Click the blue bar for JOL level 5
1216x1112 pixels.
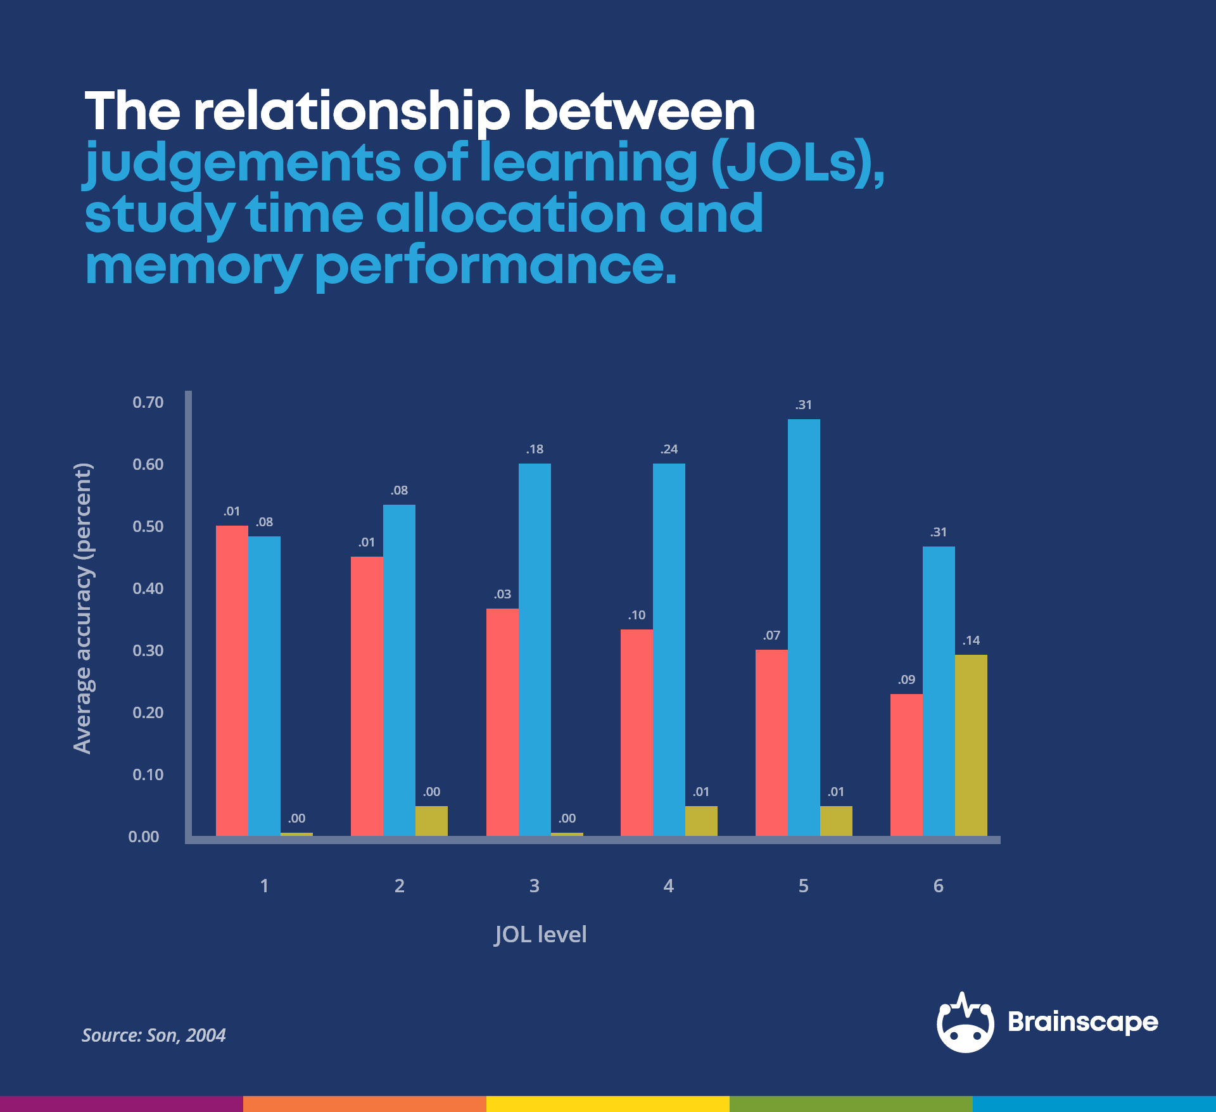pos(804,627)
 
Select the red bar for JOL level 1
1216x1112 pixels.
pos(232,681)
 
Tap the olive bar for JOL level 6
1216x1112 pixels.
pos(971,745)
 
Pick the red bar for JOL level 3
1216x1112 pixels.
pos(502,722)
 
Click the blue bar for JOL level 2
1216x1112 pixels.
pos(399,670)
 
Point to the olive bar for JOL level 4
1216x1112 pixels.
pos(701,821)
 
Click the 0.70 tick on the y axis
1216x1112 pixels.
pos(148,403)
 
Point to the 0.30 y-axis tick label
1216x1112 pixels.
pos(148,651)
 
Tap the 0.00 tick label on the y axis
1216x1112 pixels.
pos(144,837)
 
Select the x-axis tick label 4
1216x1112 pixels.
pos(668,886)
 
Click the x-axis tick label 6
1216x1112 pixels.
pos(938,886)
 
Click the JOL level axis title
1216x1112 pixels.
pos(540,935)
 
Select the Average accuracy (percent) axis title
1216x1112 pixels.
pos(82,609)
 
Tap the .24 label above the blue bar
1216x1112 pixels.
pos(669,450)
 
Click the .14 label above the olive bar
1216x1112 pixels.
pos(971,641)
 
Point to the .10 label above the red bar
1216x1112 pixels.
pos(636,616)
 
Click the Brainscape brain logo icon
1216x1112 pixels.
pos(965,1023)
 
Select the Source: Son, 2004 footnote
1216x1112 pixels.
pos(154,1035)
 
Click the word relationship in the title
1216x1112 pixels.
pos(351,112)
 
